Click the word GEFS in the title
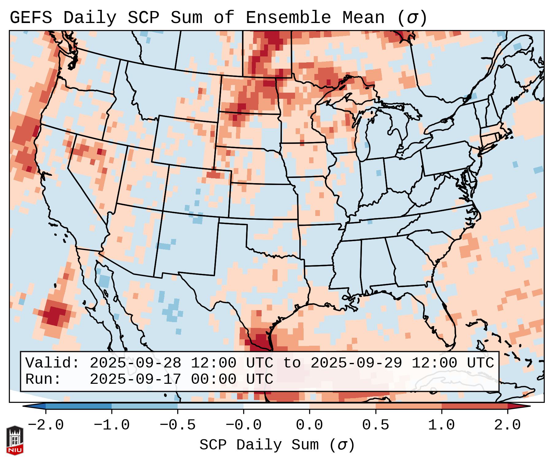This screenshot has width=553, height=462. pyautogui.click(x=31, y=17)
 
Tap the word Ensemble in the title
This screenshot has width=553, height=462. pyautogui.click(x=288, y=17)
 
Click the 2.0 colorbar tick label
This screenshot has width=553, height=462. pyautogui.click(x=508, y=425)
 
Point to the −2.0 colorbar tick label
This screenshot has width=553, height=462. pyautogui.click(x=45, y=425)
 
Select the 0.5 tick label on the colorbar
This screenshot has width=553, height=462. pyautogui.click(x=375, y=425)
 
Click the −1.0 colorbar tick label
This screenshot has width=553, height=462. pyautogui.click(x=111, y=425)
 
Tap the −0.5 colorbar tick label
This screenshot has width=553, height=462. pyautogui.click(x=178, y=425)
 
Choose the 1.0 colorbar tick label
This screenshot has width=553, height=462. pyautogui.click(x=441, y=425)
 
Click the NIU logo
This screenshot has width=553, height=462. pyautogui.click(x=15, y=440)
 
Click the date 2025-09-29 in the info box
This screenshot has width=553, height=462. pyautogui.click(x=356, y=363)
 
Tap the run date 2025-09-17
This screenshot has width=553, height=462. pyautogui.click(x=135, y=379)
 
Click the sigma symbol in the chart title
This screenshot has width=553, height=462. pyautogui.click(x=412, y=17)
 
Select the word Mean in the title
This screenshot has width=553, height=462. pyautogui.click(x=363, y=17)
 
